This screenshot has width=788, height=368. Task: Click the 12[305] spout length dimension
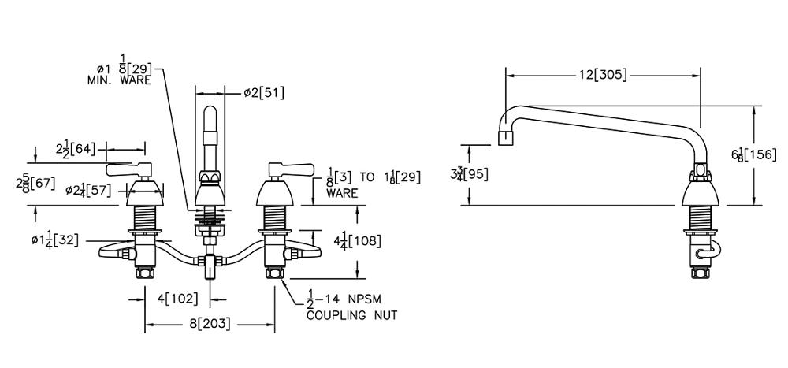click(602, 76)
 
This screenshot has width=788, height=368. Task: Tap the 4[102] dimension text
click(177, 299)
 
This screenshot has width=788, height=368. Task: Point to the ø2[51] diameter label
click(265, 93)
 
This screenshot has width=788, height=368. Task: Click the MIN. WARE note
click(119, 80)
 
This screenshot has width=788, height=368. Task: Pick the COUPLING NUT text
click(351, 315)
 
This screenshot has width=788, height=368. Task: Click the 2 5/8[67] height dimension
click(38, 184)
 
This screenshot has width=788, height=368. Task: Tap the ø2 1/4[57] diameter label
click(88, 190)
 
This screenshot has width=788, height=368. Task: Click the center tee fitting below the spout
click(209, 263)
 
